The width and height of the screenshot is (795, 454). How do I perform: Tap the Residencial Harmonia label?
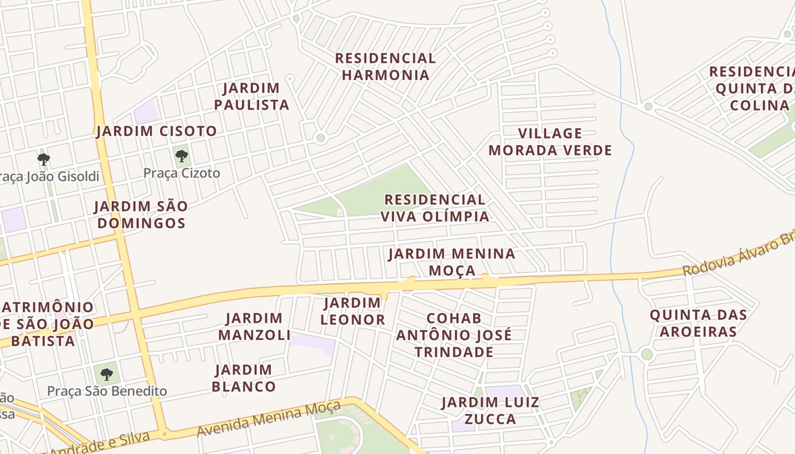[385, 66]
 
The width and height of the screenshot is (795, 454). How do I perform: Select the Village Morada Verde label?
[550, 142]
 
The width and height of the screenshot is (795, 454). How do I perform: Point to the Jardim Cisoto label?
[157, 131]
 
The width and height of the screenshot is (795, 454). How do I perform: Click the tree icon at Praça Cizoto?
[182, 155]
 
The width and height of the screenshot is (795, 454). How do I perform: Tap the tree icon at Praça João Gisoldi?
[44, 159]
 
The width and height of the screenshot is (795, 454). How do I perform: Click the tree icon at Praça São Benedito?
[106, 374]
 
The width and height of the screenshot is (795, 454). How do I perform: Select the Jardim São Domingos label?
[141, 215]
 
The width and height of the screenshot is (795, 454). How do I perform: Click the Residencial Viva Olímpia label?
[434, 208]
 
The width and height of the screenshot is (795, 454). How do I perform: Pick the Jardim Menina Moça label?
[452, 262]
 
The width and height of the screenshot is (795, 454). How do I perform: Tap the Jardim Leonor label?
[353, 311]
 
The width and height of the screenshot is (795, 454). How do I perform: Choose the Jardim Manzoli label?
[254, 326]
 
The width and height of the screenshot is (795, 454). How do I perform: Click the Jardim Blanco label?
[244, 379]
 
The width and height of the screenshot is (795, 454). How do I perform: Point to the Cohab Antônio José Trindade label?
[454, 335]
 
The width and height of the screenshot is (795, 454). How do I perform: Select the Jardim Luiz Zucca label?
[491, 411]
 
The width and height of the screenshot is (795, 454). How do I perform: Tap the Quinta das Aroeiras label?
[698, 323]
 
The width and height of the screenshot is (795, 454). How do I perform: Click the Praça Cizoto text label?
[182, 173]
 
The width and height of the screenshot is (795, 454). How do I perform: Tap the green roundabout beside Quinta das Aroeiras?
[647, 355]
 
